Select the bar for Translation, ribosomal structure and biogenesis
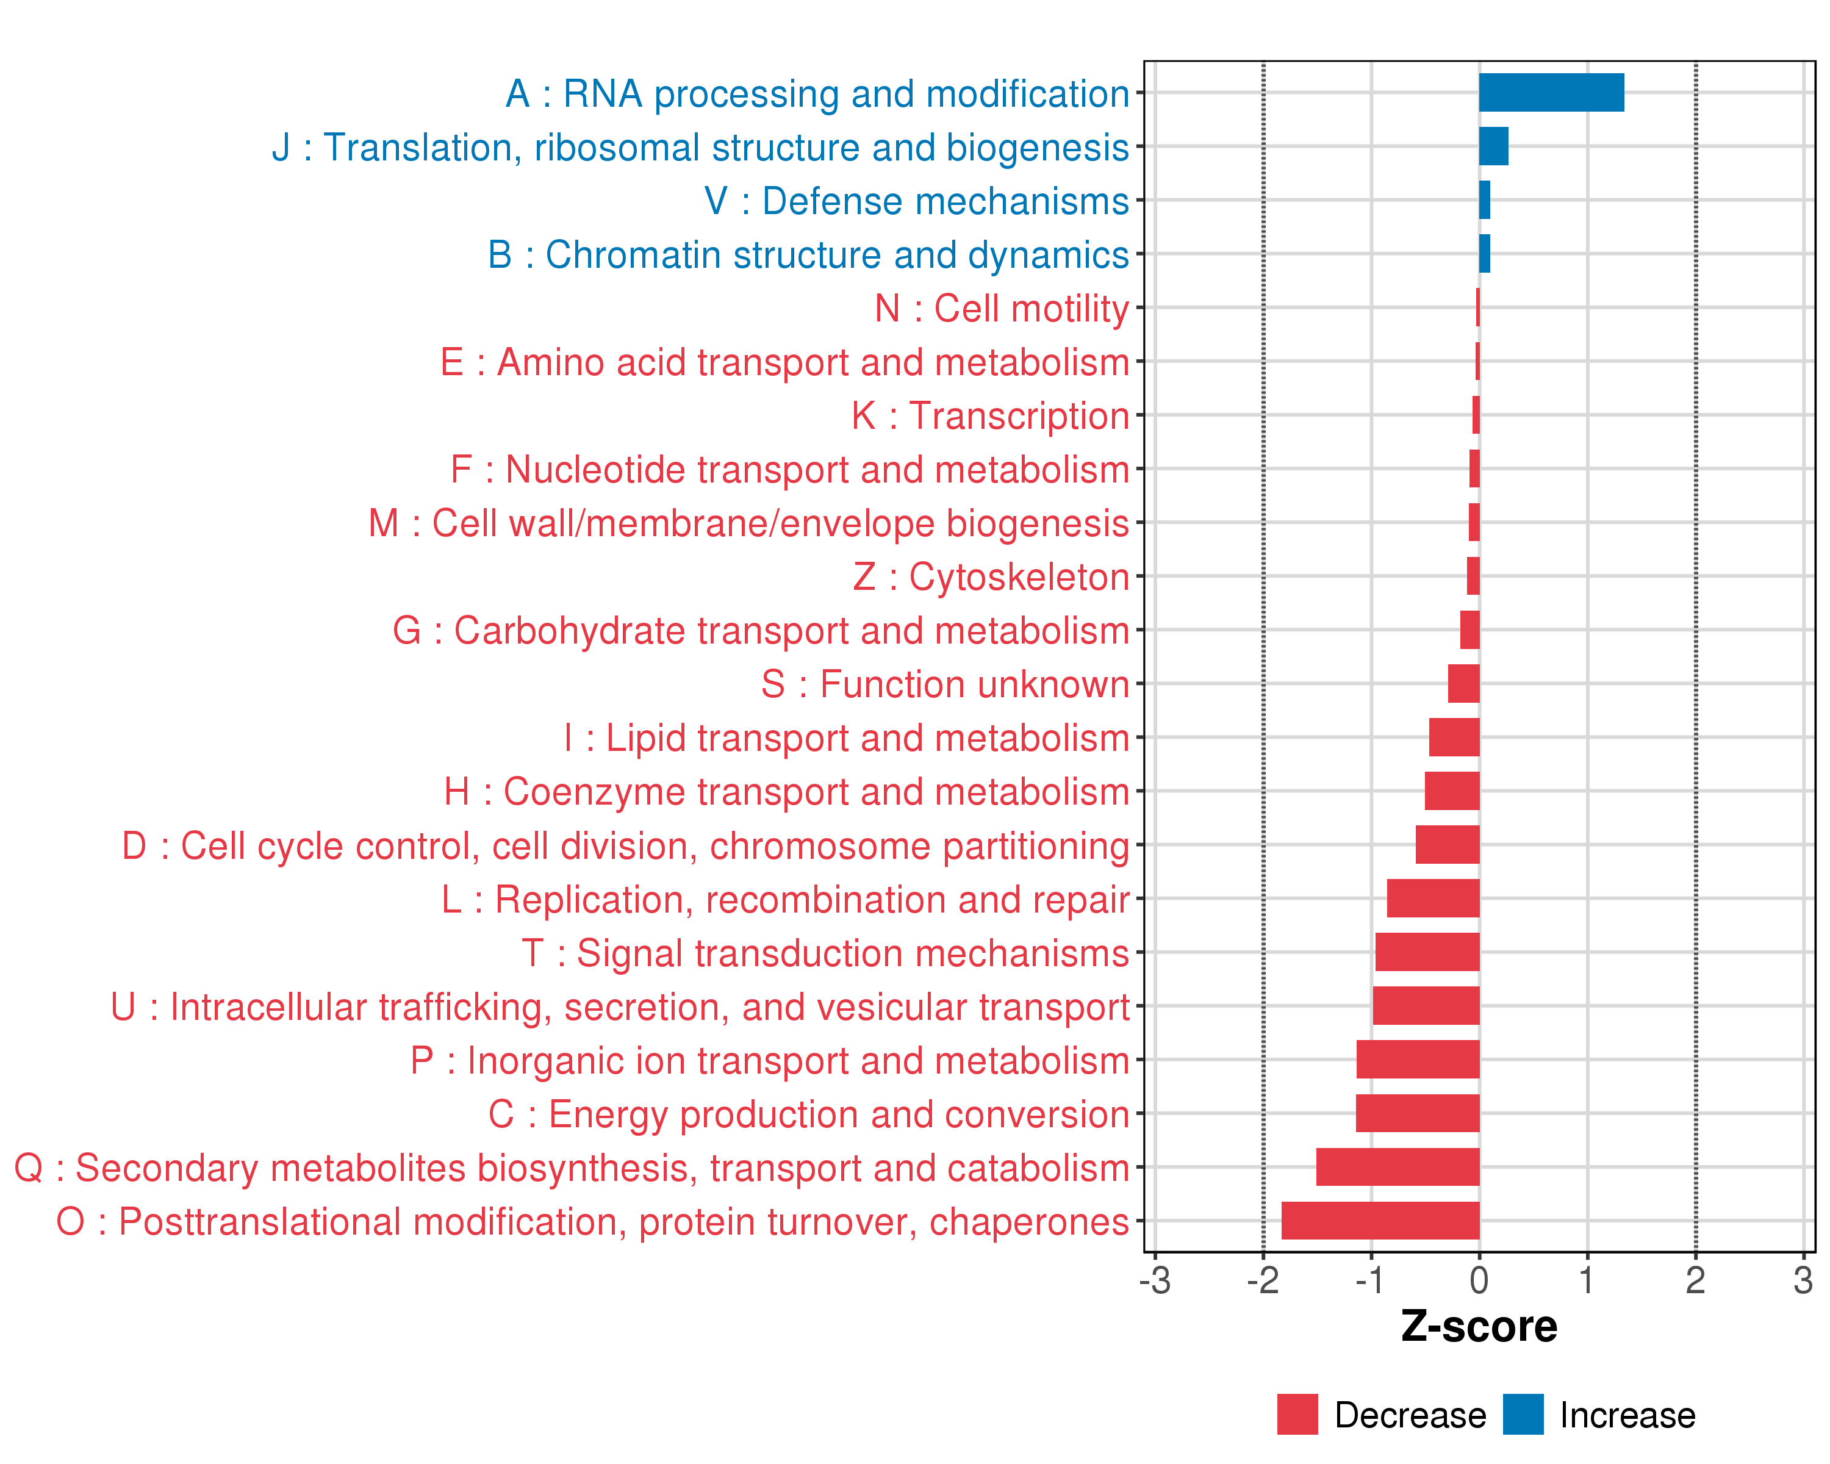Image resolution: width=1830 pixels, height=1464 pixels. [1493, 146]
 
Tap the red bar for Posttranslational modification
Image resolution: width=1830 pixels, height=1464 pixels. [1380, 1221]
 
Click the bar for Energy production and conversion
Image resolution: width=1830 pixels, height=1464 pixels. [1418, 1113]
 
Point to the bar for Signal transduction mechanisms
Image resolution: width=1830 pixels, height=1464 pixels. [1427, 952]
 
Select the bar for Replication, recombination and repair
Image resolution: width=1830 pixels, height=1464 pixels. [1433, 898]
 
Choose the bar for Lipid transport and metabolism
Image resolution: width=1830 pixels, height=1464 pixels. [1454, 737]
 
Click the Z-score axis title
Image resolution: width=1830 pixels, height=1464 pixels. [1479, 1327]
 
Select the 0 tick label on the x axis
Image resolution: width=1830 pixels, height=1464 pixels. [1479, 1280]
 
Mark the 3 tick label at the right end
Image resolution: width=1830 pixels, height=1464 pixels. [1803, 1280]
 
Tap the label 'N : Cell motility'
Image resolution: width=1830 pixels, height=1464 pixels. [1002, 308]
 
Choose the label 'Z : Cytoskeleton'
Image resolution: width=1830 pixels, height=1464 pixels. [991, 577]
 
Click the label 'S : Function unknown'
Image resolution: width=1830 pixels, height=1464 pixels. [945, 684]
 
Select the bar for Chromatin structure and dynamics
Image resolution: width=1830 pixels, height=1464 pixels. [1485, 254]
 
